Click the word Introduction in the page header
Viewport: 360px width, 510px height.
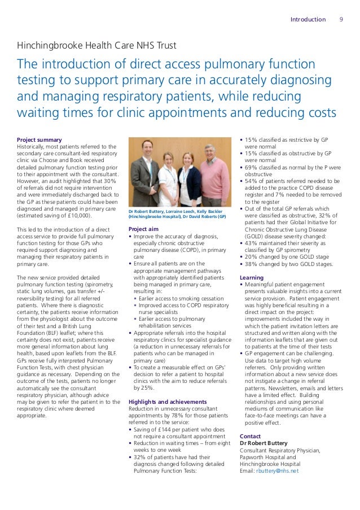coord(308,19)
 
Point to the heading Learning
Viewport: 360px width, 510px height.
coord(251,278)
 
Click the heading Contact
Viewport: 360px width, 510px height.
coord(250,436)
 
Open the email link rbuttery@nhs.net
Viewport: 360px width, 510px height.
coord(278,470)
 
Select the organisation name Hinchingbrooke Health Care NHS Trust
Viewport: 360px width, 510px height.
coord(96,45)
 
